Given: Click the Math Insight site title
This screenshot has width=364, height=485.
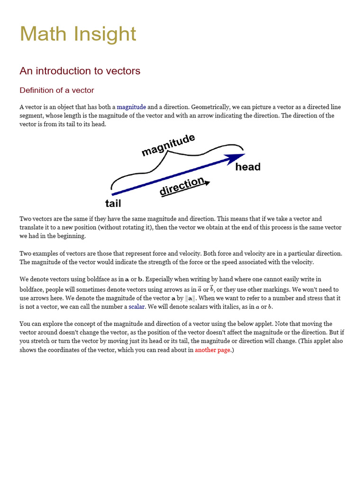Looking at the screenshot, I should coord(78,35).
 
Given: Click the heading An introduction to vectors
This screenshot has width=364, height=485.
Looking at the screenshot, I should coord(80,71).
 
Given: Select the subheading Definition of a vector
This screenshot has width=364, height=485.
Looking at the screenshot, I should coord(56,90).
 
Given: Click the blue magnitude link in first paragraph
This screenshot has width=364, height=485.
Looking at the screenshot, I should coord(131,107).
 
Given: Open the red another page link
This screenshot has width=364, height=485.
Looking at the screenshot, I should coord(212,350).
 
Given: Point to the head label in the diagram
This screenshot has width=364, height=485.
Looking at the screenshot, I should coord(248,167).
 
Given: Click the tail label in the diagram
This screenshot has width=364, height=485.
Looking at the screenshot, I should coord(113,204).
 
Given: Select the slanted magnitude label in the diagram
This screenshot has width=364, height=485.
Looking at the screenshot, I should coord(168,144).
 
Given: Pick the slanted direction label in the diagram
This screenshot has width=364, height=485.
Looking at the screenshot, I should coord(182,187).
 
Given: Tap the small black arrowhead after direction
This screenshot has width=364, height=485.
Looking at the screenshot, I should coord(207,182).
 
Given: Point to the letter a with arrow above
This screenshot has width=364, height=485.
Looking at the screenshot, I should coord(199,289).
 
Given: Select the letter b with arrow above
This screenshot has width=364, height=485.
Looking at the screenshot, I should coord(212,289).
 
